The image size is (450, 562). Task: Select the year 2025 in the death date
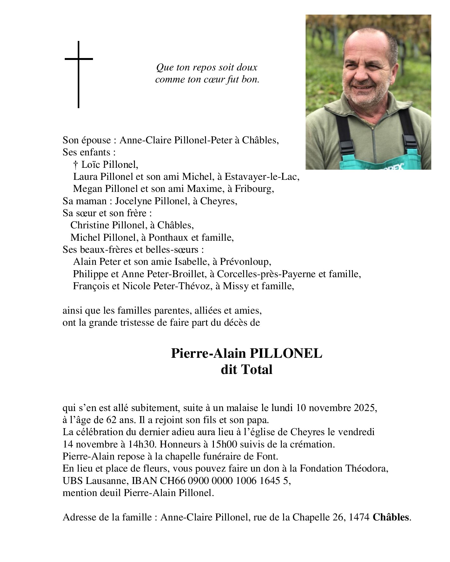pos(366,408)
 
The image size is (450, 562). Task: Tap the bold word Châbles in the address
pos(391,517)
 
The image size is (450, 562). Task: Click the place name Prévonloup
pos(247,262)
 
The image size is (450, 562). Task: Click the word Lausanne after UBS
pos(106,481)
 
